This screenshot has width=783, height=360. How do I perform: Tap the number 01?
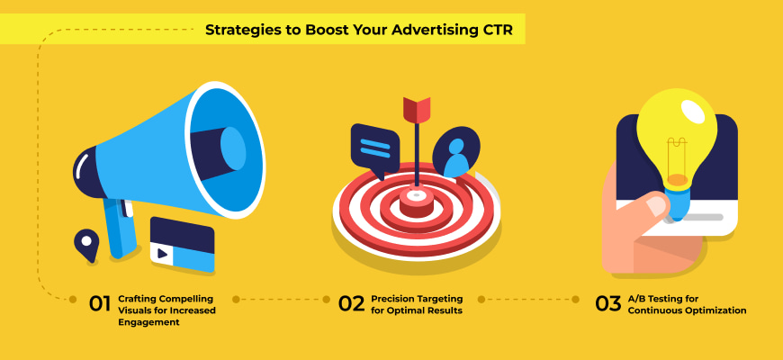(x=99, y=303)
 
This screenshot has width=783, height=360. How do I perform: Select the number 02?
(x=351, y=303)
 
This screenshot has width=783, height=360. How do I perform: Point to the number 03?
(x=608, y=303)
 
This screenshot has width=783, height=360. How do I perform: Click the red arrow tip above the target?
(x=416, y=109)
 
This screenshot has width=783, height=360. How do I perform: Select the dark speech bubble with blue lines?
(x=374, y=147)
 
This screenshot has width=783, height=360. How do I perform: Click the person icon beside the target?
(x=455, y=155)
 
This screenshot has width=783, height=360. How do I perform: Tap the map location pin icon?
(x=86, y=243)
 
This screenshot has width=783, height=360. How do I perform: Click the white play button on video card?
(x=162, y=254)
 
